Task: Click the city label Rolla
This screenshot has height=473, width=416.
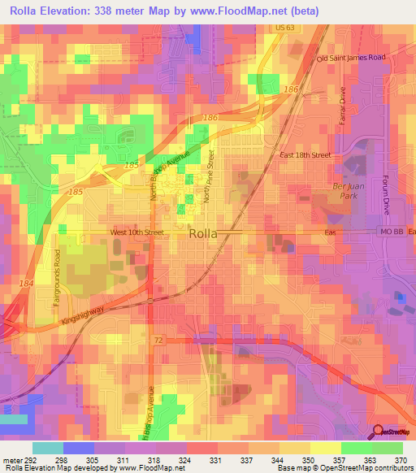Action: pyautogui.click(x=203, y=233)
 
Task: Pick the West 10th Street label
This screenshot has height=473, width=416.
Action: pyautogui.click(x=137, y=232)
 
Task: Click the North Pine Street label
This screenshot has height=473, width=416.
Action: pyautogui.click(x=209, y=175)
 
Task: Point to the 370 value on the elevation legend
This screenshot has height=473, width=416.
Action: pyautogui.click(x=401, y=460)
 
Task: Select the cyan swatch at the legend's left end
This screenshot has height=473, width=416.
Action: pyautogui.click(x=47, y=448)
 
